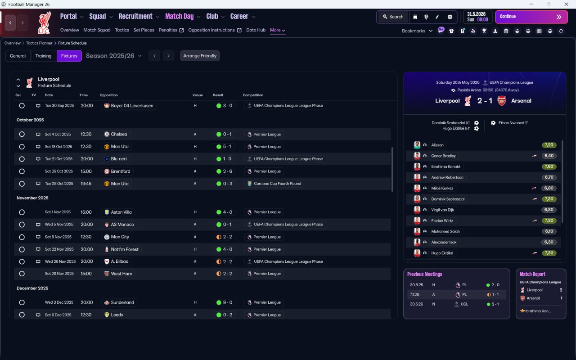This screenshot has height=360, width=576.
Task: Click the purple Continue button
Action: click(x=531, y=17)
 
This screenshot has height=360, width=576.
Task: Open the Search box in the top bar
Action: click(x=393, y=17)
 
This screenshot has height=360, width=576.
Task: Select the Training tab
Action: click(x=43, y=56)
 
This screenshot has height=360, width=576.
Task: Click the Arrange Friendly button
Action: click(x=200, y=56)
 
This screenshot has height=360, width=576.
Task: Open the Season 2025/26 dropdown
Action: click(x=114, y=56)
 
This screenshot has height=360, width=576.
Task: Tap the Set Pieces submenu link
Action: click(x=144, y=30)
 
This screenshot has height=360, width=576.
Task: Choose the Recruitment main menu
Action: click(x=135, y=16)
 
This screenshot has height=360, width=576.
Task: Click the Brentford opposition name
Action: click(x=120, y=171)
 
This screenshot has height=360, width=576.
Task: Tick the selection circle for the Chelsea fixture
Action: click(x=22, y=134)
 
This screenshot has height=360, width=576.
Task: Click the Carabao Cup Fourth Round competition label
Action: click(x=277, y=184)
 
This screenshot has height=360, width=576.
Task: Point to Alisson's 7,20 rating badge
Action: click(x=549, y=145)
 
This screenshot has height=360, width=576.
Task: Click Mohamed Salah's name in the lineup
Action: click(x=445, y=231)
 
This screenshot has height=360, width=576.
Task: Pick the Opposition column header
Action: click(x=108, y=95)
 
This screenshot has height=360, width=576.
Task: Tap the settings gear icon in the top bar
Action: click(x=450, y=17)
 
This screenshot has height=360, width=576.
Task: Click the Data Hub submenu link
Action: click(x=256, y=30)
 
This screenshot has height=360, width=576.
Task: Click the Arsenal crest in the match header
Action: click(x=501, y=101)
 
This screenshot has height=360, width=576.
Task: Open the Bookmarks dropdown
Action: click(x=417, y=31)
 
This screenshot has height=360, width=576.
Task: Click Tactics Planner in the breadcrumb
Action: click(x=39, y=43)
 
